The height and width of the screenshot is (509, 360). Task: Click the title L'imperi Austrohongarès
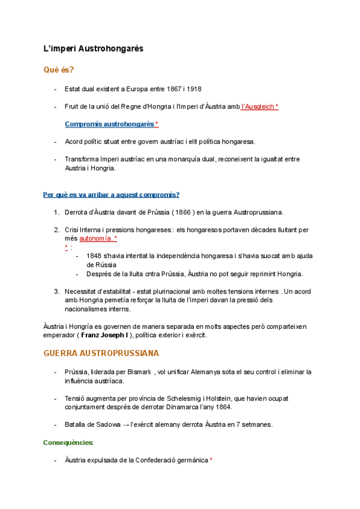coord(94,48)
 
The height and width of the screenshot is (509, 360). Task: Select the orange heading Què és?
coord(59,70)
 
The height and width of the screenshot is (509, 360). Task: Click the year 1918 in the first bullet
coord(194,89)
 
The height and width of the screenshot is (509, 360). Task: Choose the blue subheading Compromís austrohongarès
coord(110,124)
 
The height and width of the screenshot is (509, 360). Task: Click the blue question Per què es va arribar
coord(112,194)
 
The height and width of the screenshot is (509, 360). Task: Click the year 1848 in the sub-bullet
coord(95,256)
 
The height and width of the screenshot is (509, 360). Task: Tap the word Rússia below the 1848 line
coord(99,265)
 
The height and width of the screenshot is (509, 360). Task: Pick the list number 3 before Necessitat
coord(56,292)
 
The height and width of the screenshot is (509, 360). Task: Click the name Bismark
coord(139,372)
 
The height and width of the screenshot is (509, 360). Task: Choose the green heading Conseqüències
coord(68,442)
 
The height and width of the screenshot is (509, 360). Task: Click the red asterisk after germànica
coord(211,460)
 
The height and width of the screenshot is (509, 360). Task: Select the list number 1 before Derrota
coord(56,212)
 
